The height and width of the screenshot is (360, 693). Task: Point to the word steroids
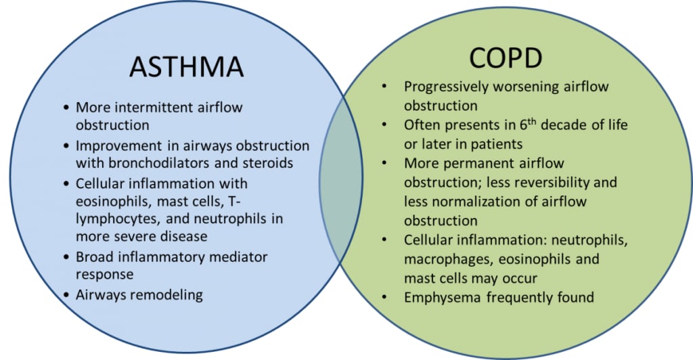(269, 164)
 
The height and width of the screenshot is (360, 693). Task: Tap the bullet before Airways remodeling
(66, 295)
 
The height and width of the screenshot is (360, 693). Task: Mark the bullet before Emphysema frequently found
(384, 297)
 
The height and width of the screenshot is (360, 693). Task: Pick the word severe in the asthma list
(133, 236)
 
